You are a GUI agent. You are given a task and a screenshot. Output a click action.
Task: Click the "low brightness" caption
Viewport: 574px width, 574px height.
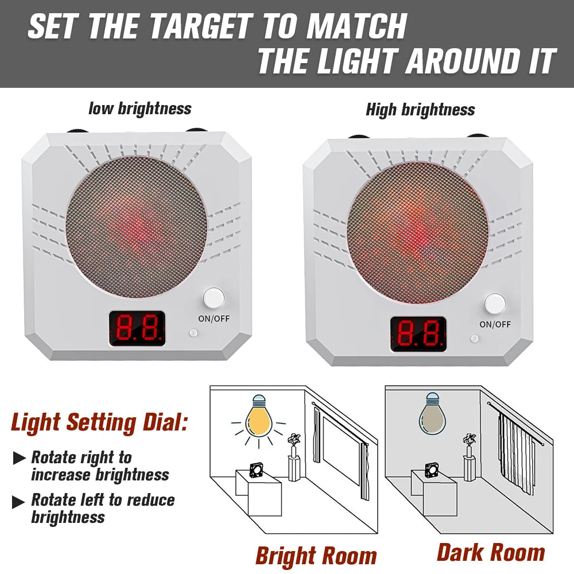[x=139, y=108]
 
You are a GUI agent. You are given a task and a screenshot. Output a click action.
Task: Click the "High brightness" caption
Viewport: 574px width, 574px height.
[x=420, y=109]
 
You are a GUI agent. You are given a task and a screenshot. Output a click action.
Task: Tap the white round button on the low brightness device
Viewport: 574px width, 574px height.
[x=214, y=298]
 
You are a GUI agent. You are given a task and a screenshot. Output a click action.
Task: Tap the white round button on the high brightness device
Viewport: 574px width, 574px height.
[x=495, y=304]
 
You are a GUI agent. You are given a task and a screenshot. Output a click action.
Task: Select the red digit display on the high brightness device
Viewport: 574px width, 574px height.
[x=418, y=333]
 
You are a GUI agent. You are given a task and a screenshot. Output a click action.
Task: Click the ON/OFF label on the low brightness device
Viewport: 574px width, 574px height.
[x=214, y=319]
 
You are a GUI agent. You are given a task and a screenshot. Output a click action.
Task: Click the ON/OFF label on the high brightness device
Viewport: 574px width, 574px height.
[x=495, y=324]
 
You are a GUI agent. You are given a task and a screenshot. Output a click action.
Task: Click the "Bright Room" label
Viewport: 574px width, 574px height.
[x=316, y=556]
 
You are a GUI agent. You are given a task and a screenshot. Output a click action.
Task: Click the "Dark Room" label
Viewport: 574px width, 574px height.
[x=491, y=552]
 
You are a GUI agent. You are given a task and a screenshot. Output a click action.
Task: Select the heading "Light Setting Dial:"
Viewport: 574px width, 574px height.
[x=99, y=423]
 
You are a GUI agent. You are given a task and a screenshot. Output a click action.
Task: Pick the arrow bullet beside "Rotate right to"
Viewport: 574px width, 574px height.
[x=20, y=458]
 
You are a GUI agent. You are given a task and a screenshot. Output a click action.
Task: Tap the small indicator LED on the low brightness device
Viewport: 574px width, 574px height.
[x=193, y=332]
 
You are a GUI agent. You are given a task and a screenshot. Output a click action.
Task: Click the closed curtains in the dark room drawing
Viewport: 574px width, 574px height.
[x=515, y=453]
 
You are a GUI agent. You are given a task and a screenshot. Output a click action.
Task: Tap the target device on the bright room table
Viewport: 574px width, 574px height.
[x=257, y=470]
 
